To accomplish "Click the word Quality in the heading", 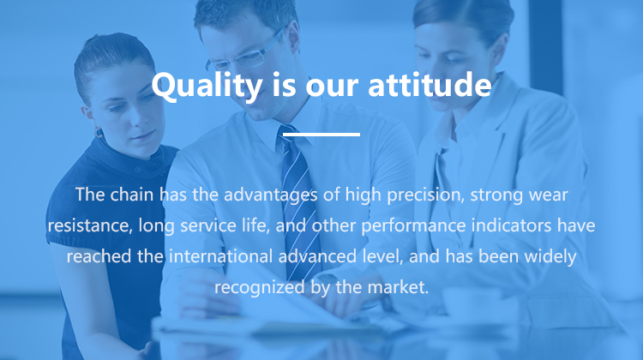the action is tap(207, 85).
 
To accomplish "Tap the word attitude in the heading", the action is tap(430, 84).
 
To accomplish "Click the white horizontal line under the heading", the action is tap(321, 134).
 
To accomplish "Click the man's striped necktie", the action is tap(300, 201).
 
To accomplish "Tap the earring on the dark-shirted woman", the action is tap(99, 133).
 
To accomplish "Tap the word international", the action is tap(220, 256).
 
